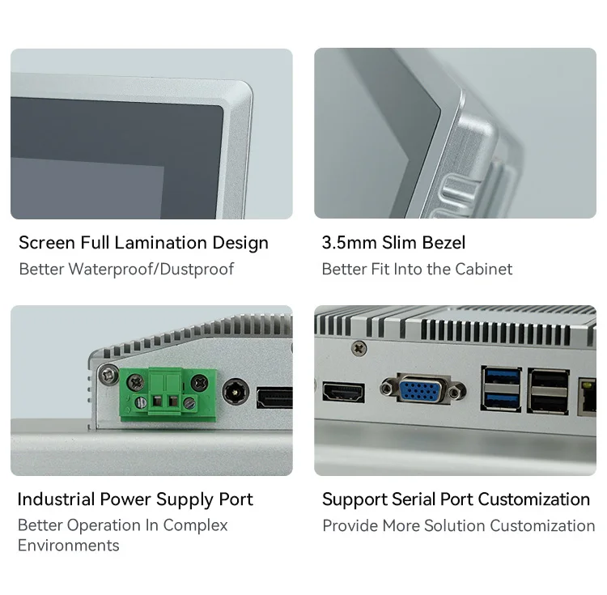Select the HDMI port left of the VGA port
point(343,393)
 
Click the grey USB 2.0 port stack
point(547,391)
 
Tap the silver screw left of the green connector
point(105,374)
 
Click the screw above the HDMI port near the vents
point(358,348)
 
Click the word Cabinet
point(483,269)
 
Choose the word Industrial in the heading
point(56,499)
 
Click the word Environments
point(69,546)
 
